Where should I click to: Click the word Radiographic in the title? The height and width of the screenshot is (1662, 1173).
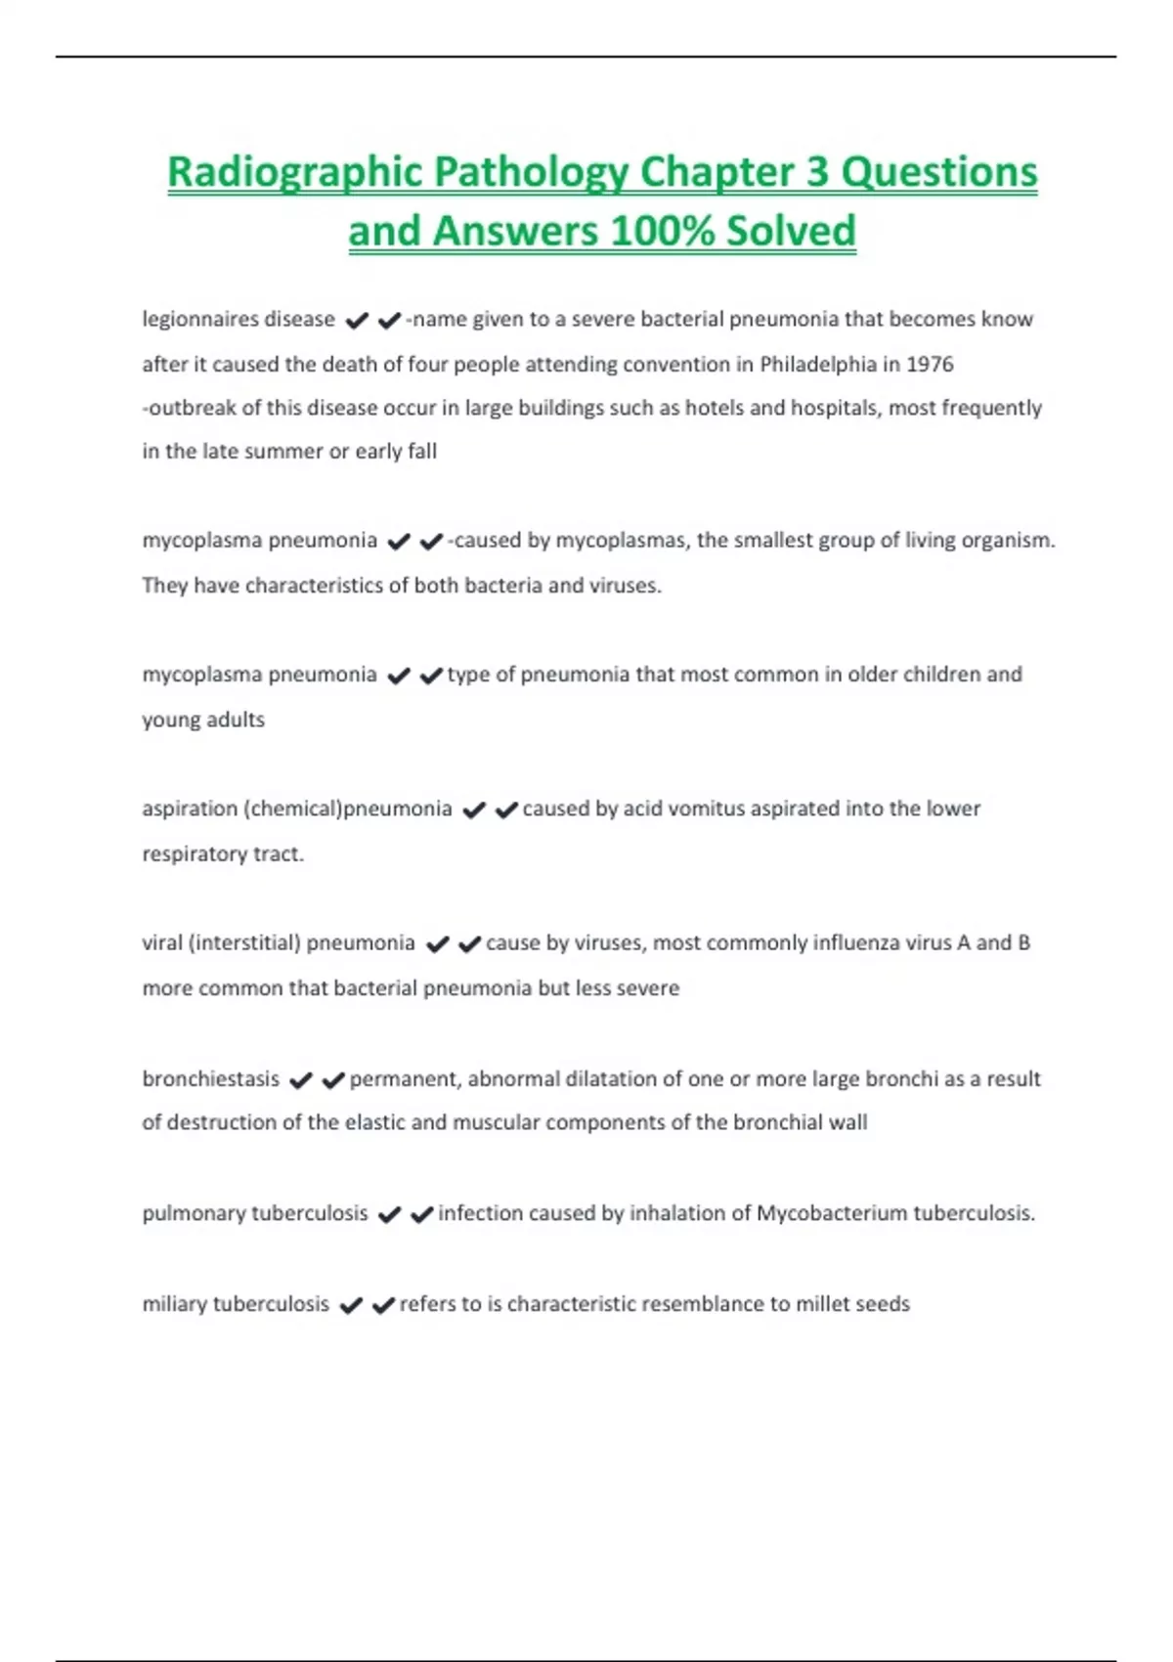tap(294, 173)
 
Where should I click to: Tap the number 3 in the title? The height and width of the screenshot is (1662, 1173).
tap(817, 173)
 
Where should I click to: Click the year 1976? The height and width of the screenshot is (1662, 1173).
tap(930, 365)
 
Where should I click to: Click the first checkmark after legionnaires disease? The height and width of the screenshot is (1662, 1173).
tap(357, 321)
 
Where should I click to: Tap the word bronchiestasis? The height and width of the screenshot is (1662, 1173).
tap(210, 1079)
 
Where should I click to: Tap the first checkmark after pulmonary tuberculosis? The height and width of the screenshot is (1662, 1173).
tap(389, 1215)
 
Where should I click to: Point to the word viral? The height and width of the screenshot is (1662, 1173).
tap(161, 942)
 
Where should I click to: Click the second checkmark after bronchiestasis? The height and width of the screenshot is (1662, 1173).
tap(333, 1080)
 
